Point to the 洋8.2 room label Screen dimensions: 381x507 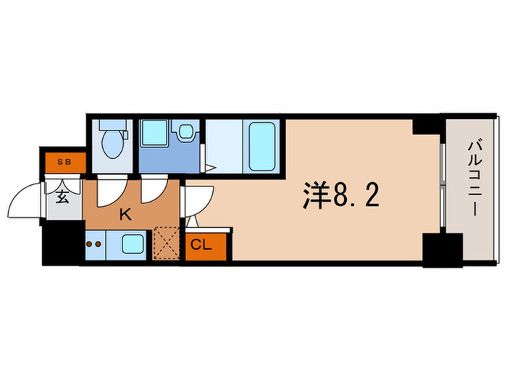tap(340, 195)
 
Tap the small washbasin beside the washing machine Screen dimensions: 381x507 tap(185, 132)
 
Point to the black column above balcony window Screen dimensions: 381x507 tap(427, 125)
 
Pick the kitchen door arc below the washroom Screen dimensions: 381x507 tap(154, 190)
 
